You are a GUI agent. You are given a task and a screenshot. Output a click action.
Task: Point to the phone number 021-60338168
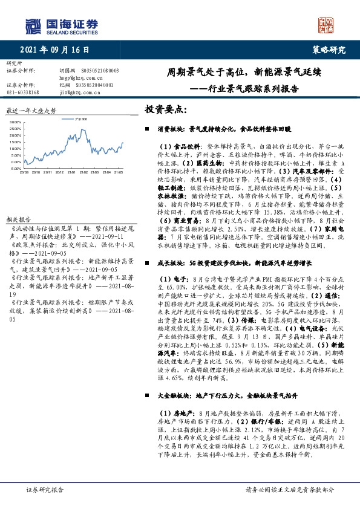[23, 92]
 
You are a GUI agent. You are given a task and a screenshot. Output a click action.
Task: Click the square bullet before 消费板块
[148, 129]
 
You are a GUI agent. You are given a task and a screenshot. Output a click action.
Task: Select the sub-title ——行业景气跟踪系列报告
[244, 88]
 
